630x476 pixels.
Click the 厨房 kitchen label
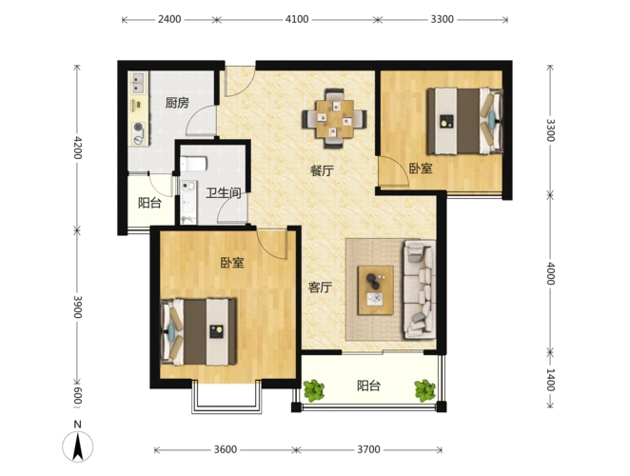[177, 103]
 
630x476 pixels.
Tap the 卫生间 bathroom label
[224, 193]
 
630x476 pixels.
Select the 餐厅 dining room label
[322, 170]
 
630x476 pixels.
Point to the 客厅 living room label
[320, 288]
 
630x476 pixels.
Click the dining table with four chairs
[334, 118]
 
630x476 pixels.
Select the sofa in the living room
[420, 289]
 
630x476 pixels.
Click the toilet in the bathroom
[193, 164]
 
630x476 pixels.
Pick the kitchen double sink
[138, 83]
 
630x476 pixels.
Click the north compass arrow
[77, 446]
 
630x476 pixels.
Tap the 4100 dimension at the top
[297, 19]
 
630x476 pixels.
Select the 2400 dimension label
[169, 19]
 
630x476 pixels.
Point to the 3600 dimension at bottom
[225, 449]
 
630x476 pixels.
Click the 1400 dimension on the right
[550, 380]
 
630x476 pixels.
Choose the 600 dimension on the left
[77, 396]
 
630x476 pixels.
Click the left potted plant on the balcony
[313, 390]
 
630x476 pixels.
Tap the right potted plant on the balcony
[424, 390]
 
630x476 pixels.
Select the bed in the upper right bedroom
[464, 121]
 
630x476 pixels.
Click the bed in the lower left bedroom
[198, 331]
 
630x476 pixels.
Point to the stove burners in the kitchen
[139, 133]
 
